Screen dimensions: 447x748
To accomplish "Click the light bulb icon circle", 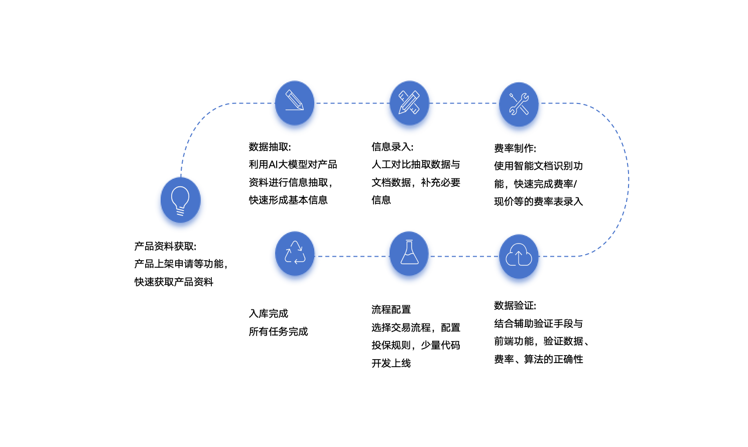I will point(180,200).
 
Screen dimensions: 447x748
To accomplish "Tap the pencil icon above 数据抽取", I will point(295,103).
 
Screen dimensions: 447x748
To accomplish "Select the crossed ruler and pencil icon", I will point(409,103).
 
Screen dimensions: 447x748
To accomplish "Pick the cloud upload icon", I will point(519,256).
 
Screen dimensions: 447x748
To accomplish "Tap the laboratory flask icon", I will point(409,254).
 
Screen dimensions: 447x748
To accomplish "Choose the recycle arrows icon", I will point(295,253).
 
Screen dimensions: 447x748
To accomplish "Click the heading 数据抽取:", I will point(270,147).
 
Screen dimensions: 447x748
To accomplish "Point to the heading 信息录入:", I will point(392,147).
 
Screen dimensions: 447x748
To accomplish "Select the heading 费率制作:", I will point(515,149).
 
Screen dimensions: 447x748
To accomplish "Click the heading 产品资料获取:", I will point(165,247).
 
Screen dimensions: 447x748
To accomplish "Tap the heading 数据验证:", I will point(515,306).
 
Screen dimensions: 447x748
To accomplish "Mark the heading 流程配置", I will point(391,310).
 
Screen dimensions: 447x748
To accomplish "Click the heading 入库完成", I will point(269,314).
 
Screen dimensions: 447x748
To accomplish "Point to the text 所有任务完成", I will point(278,332).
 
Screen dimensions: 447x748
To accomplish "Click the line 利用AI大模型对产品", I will point(293,165).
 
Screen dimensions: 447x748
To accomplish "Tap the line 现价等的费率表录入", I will point(538,202).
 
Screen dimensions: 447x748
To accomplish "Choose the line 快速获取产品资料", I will point(174,282).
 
